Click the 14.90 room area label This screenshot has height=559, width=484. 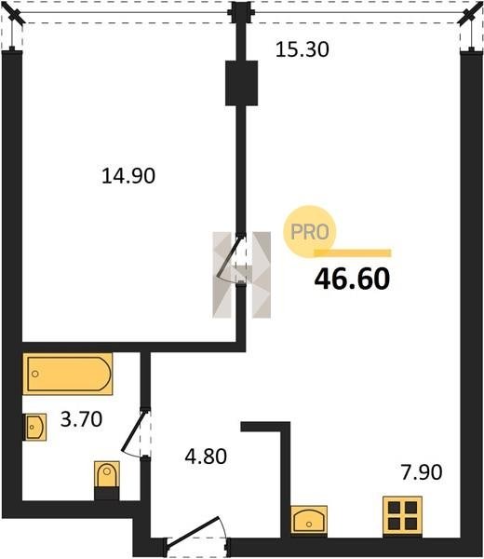coord(128,176)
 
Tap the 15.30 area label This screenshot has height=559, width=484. coord(302,49)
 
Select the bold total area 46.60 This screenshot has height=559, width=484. coord(352,279)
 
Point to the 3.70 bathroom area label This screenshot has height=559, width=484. coord(81,419)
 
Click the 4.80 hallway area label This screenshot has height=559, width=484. coord(206,457)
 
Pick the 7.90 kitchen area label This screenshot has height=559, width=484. coord(422,472)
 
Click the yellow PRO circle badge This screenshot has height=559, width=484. coord(310,232)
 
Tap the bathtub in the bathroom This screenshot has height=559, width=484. coord(68,374)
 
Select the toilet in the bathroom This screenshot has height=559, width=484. coord(106,474)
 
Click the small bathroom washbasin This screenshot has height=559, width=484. coord(34,427)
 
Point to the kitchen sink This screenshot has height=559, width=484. coord(309,520)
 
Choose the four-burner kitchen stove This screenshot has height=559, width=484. coord(402,515)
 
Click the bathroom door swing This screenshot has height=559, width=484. coord(134,433)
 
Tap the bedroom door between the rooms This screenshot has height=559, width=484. coord(230,257)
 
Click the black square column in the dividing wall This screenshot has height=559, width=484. coord(241,83)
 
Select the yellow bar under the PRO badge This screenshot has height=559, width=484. coord(352,253)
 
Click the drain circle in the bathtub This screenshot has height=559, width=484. coord(34,374)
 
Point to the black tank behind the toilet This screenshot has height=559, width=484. coord(106,495)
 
